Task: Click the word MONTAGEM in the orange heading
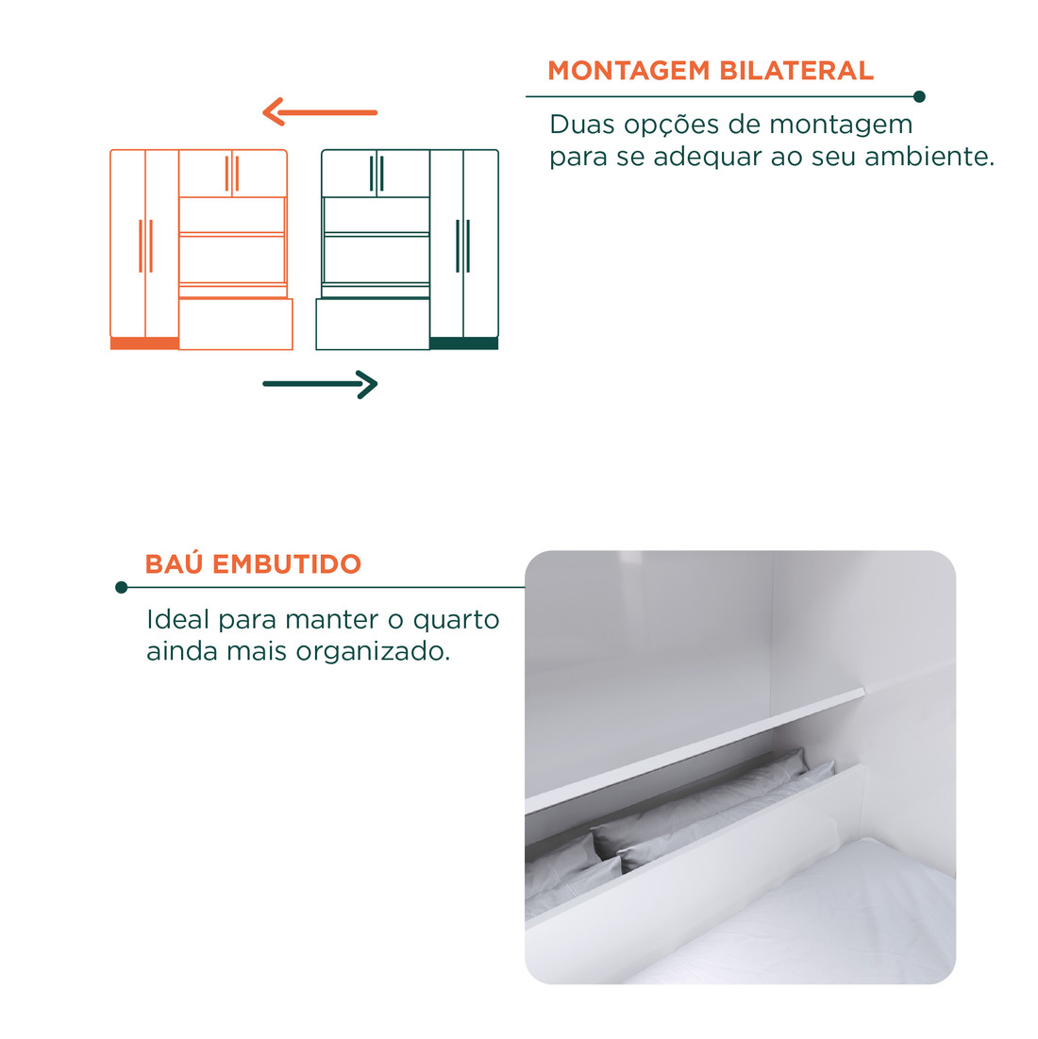[x=629, y=71]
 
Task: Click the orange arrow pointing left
[x=320, y=112]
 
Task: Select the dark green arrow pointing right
[x=320, y=384]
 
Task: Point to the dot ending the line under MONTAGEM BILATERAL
[x=920, y=96]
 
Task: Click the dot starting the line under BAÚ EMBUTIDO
[x=121, y=588]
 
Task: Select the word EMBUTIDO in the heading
[x=287, y=564]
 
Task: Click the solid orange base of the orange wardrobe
[x=144, y=344]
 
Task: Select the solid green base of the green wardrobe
[x=463, y=344]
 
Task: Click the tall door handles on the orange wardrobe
[x=145, y=246]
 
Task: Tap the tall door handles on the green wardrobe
[x=462, y=246]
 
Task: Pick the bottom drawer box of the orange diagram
[x=236, y=325]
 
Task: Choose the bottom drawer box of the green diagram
[x=373, y=325]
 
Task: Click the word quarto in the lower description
[x=457, y=620]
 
